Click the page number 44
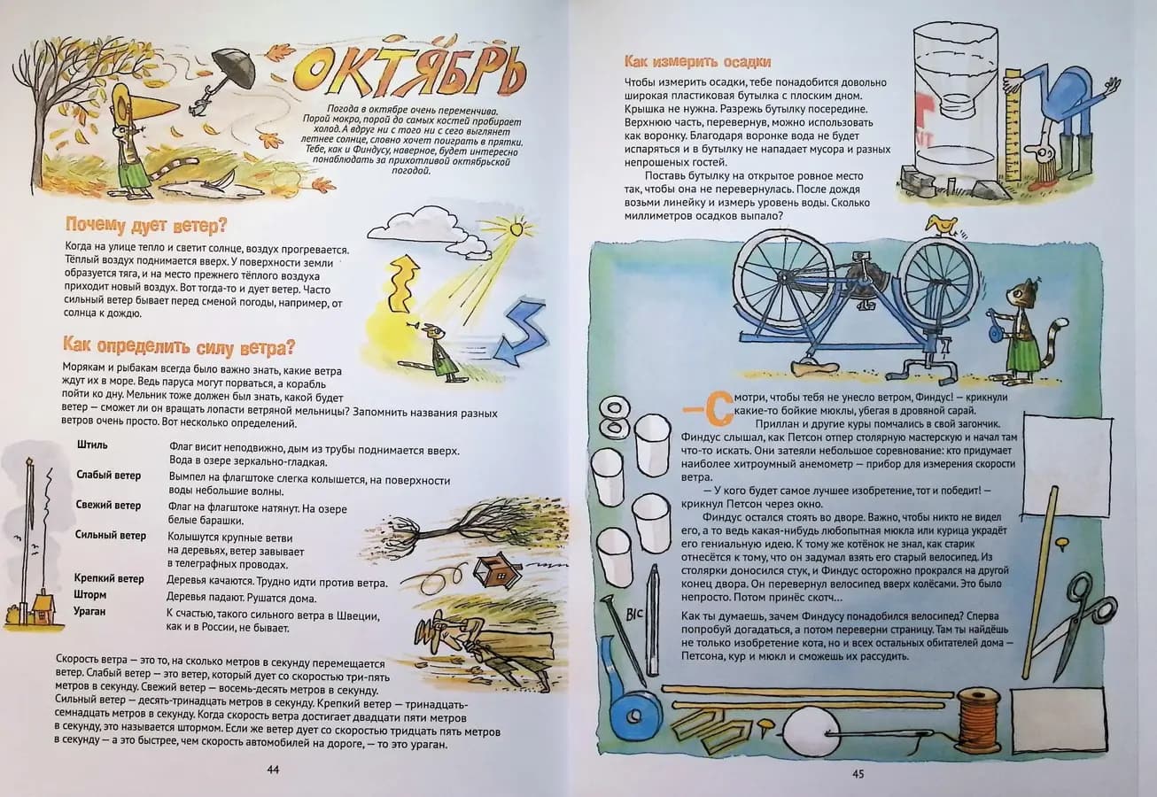[273, 770]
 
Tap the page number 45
[858, 774]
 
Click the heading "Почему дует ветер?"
[146, 226]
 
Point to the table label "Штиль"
[92, 445]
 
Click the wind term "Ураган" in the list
[89, 612]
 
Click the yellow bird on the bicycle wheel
[941, 225]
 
